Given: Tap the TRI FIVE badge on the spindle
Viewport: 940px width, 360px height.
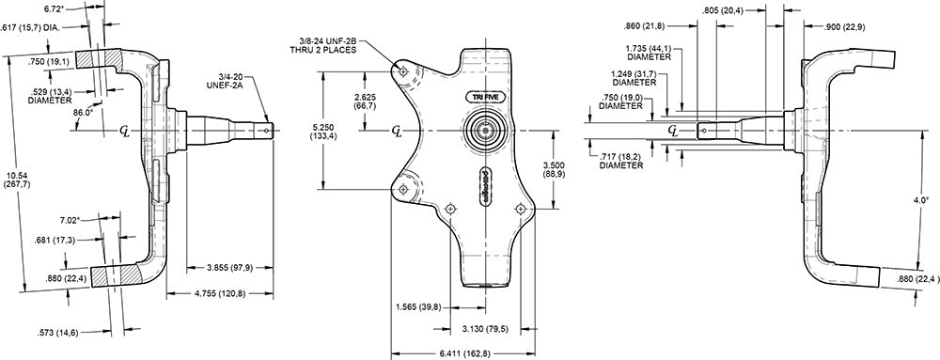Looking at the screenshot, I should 485,96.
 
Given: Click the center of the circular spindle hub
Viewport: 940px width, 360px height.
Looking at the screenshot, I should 487,130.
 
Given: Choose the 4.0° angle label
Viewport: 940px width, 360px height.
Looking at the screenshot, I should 922,200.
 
